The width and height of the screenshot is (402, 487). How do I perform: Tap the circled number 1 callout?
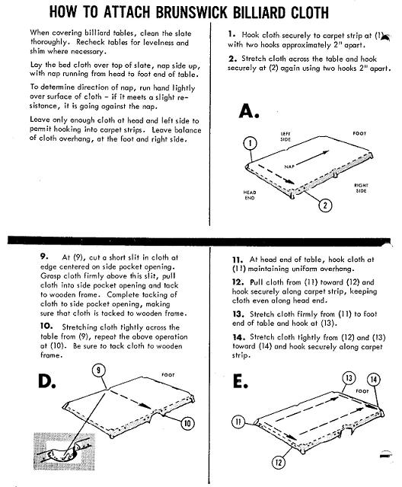click(x=250, y=143)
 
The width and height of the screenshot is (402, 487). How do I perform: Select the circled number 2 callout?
click(x=325, y=205)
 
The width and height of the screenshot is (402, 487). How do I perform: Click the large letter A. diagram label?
click(x=249, y=111)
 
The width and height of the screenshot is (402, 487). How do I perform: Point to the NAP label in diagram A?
click(x=289, y=167)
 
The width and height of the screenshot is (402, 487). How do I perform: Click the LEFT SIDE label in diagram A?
click(x=286, y=137)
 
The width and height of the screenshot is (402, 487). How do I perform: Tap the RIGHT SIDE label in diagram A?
click(x=361, y=188)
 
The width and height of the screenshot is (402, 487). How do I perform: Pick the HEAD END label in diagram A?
click(x=250, y=195)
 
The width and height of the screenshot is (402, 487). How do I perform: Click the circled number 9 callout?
click(x=98, y=371)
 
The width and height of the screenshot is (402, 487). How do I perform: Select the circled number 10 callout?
click(x=187, y=423)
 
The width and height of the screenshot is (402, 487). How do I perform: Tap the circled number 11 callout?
click(x=238, y=422)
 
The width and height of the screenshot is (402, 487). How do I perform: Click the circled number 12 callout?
click(x=279, y=463)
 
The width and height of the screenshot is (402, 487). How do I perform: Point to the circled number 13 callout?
click(x=349, y=378)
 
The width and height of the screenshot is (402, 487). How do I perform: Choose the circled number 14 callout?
click(x=374, y=380)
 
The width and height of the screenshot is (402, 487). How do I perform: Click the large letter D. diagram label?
click(x=47, y=381)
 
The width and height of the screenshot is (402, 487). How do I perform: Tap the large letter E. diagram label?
click(x=240, y=381)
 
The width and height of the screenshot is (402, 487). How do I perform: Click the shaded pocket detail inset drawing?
click(x=64, y=451)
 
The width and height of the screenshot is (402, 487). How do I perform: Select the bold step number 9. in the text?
click(x=44, y=256)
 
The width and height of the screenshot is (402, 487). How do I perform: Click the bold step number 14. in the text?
click(x=239, y=337)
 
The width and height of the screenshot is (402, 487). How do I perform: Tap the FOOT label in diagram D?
click(x=168, y=375)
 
